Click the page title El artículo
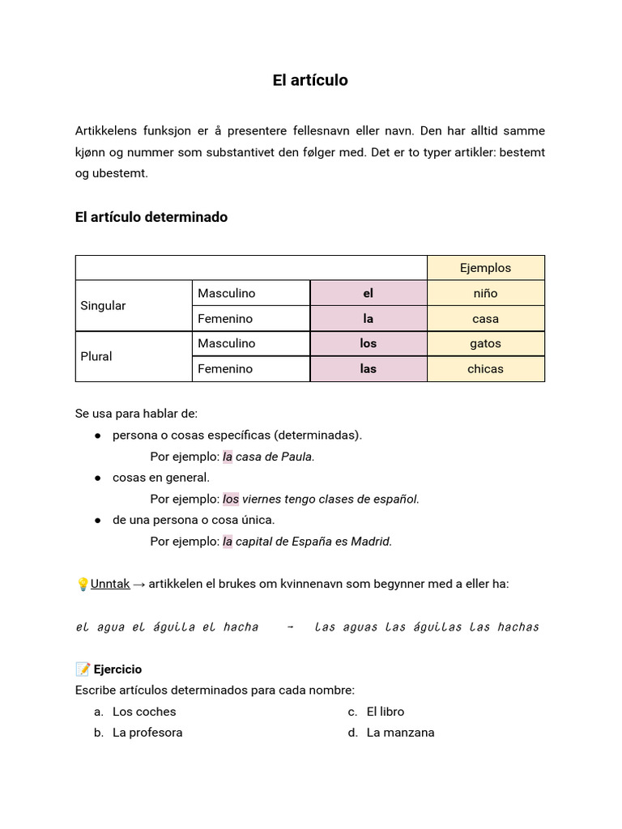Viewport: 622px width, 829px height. (x=310, y=80)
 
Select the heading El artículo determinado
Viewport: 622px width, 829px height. (x=151, y=217)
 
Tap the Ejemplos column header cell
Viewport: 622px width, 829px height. (x=485, y=268)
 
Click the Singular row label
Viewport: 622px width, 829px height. (x=103, y=306)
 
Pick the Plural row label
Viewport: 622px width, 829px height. (x=96, y=356)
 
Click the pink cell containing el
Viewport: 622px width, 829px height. (x=369, y=293)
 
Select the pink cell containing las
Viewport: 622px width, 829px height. (x=369, y=368)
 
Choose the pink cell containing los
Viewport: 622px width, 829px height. (x=369, y=343)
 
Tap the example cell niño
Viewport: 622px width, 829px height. (x=485, y=293)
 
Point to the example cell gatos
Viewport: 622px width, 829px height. (x=485, y=343)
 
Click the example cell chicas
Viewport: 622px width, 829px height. (x=485, y=368)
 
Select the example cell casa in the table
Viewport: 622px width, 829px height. (x=485, y=318)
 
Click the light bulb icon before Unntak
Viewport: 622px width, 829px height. (x=82, y=584)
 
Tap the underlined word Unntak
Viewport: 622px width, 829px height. (x=110, y=583)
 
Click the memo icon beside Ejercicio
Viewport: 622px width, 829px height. (x=83, y=670)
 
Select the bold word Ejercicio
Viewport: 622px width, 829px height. (x=117, y=670)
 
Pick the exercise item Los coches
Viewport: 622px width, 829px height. (x=144, y=712)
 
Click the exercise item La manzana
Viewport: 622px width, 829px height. (x=400, y=733)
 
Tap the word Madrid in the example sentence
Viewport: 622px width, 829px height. (x=371, y=541)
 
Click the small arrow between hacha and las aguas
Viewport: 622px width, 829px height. (x=290, y=627)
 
